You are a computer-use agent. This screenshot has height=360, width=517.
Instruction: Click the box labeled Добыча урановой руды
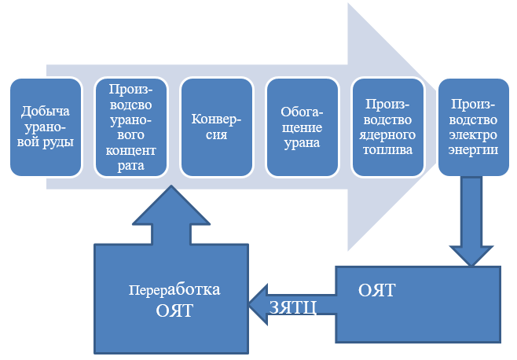(x=45, y=126)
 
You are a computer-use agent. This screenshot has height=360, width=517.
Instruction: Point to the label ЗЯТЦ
(x=292, y=306)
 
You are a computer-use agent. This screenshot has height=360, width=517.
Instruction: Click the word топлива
(x=384, y=150)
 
